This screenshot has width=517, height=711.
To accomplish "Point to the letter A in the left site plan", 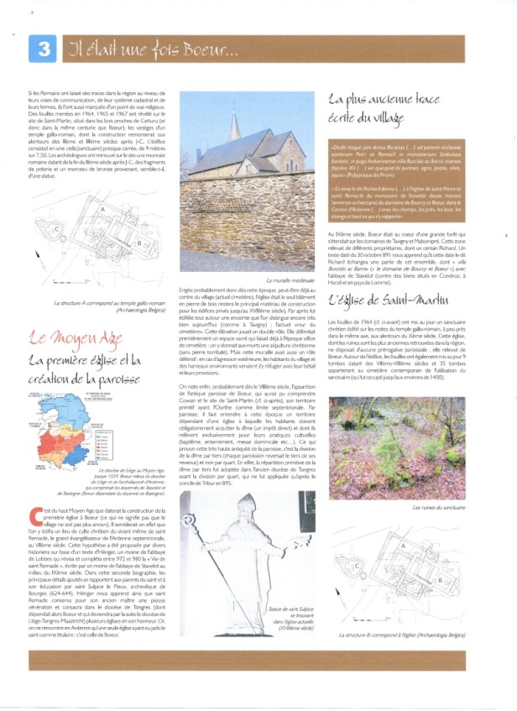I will click(102, 209).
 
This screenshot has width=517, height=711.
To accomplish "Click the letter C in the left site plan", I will click(56, 227).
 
